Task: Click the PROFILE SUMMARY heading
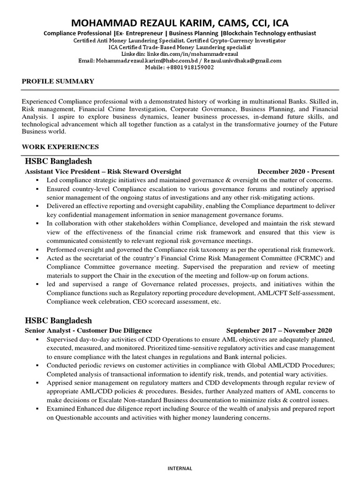pyautogui.click(x=58, y=82)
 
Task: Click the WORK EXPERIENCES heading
pyautogui.click(x=60, y=147)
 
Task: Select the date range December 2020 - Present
pyautogui.click(x=296, y=172)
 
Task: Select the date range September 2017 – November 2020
pyautogui.click(x=279, y=330)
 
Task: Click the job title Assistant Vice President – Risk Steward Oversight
pyautogui.click(x=103, y=172)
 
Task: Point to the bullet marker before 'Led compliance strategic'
pyautogui.click(x=37, y=180)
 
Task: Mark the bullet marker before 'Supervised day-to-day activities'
pyautogui.click(x=37, y=338)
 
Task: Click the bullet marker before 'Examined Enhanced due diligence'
pyautogui.click(x=37, y=409)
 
